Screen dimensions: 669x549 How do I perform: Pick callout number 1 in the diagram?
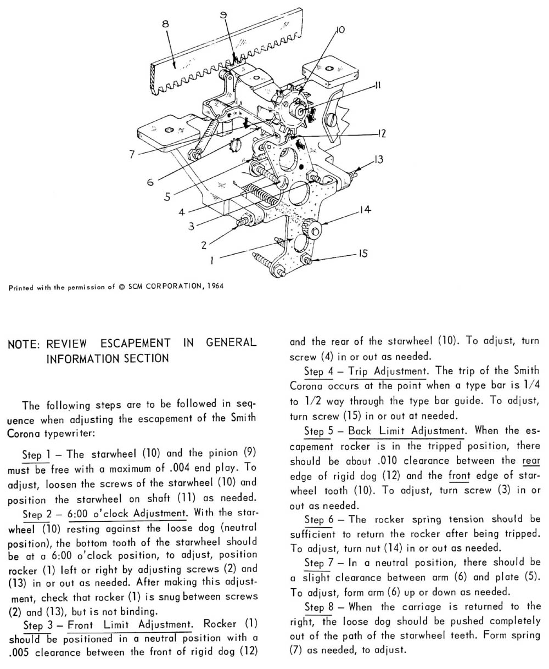211,262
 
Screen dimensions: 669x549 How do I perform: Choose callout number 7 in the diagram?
132,155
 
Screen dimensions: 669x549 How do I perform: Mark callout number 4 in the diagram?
181,211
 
